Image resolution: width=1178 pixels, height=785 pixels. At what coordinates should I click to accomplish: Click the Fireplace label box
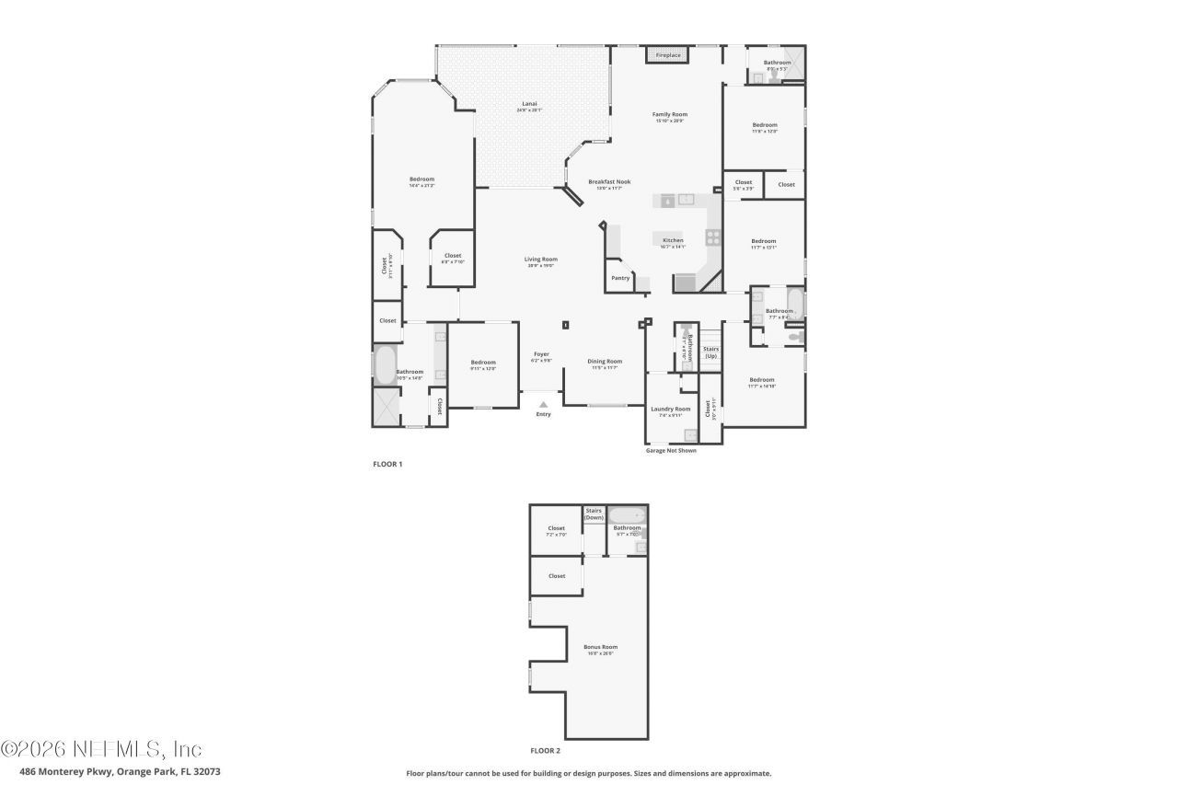[668, 55]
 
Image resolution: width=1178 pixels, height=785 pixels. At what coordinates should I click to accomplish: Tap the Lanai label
[529, 104]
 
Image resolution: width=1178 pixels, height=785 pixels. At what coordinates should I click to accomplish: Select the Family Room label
[670, 115]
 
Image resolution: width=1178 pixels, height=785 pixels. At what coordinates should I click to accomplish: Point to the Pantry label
[620, 278]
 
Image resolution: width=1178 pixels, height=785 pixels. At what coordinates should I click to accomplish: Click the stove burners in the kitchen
[713, 237]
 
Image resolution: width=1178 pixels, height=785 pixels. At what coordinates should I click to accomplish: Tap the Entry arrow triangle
[543, 404]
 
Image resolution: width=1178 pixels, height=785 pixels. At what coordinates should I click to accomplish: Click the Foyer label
[541, 354]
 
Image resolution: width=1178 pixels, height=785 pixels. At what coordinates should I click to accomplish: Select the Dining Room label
[605, 362]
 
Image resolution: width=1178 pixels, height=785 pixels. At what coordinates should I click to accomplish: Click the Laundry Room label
[670, 410]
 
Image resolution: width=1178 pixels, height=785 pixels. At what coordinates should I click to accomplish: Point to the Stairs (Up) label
[710, 352]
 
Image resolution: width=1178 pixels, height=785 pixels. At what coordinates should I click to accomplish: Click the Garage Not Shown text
[672, 451]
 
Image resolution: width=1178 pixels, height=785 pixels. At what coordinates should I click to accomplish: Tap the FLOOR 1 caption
[387, 465]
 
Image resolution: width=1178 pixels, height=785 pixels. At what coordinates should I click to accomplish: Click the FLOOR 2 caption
[545, 751]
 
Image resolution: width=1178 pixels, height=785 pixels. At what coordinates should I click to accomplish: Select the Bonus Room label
[600, 648]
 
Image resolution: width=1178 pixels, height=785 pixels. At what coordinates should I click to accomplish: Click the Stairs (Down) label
[594, 514]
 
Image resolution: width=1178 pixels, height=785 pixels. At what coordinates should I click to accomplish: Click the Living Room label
[541, 260]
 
